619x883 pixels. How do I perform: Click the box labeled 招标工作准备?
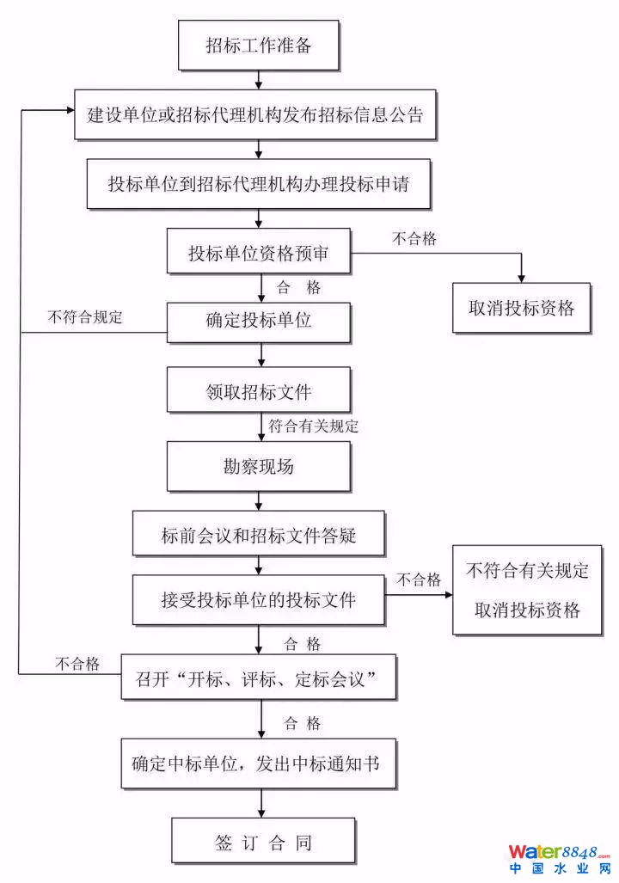(x=259, y=46)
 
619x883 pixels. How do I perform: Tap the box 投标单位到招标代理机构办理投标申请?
(x=259, y=184)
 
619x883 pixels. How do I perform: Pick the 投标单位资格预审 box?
(x=259, y=254)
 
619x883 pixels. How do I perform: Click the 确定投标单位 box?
(x=259, y=322)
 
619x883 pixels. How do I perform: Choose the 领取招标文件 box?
(x=259, y=392)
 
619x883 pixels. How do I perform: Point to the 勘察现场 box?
(x=259, y=467)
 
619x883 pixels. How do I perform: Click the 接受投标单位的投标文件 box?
(x=259, y=599)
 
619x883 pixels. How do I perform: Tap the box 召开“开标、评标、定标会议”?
(x=259, y=680)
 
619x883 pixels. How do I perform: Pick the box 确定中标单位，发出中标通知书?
(x=259, y=763)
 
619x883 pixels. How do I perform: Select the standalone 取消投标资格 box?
(x=522, y=308)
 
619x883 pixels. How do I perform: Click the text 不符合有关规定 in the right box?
(x=528, y=570)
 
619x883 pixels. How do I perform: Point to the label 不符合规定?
(x=86, y=316)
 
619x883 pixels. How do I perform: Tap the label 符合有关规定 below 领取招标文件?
(x=313, y=426)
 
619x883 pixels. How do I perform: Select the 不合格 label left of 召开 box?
(x=77, y=664)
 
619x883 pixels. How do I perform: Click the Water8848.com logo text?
(x=559, y=852)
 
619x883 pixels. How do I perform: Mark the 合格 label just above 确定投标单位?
(x=298, y=287)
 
